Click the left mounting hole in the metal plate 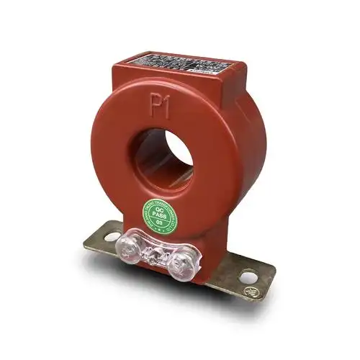click(112, 235)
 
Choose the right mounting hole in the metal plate click(247, 275)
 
